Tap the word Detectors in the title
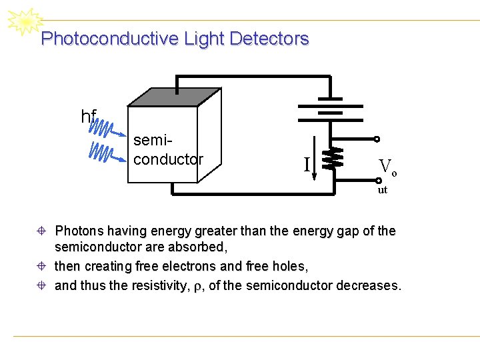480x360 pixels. [269, 39]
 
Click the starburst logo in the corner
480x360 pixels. [23, 23]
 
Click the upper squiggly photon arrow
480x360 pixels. [107, 128]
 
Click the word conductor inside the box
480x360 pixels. [168, 159]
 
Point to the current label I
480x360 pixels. [306, 164]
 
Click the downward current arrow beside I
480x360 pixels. [315, 164]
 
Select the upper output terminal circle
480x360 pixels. [377, 139]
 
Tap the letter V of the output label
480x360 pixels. [385, 166]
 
